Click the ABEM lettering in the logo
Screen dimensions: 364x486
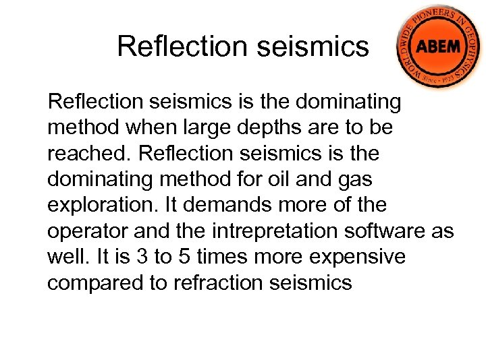click(437, 48)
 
